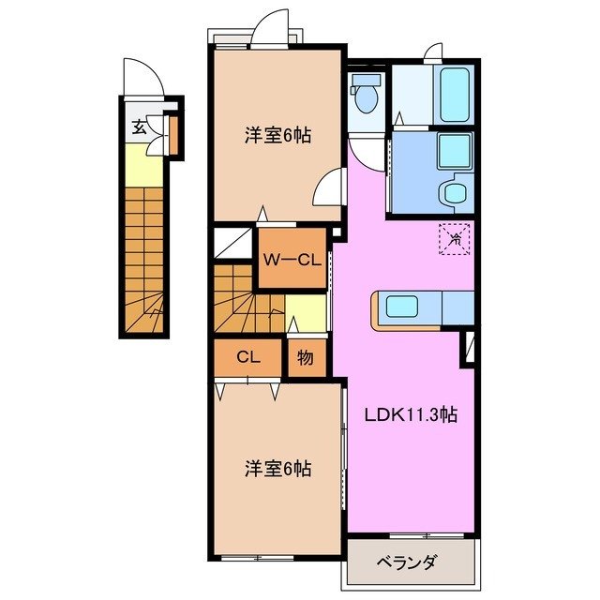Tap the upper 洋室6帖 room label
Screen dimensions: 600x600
click(x=278, y=135)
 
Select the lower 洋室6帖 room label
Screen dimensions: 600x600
click(x=278, y=467)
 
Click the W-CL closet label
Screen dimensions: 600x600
click(x=291, y=261)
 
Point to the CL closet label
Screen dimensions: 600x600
click(x=247, y=356)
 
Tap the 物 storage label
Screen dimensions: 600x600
click(x=306, y=357)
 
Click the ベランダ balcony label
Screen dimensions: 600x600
click(x=407, y=562)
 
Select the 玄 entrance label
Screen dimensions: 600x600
click(x=139, y=127)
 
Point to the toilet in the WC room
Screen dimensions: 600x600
click(x=365, y=94)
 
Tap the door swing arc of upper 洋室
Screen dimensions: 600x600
click(x=328, y=189)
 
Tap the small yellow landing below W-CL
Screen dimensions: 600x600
click(x=305, y=312)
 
